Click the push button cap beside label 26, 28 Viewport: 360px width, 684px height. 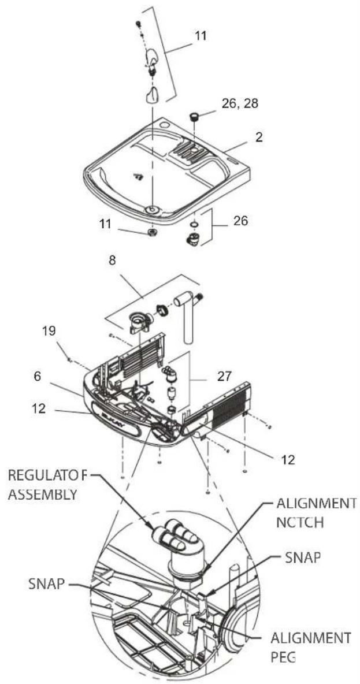(x=195, y=117)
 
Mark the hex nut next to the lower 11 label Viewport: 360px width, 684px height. (x=152, y=232)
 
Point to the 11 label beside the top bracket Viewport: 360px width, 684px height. (x=200, y=35)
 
